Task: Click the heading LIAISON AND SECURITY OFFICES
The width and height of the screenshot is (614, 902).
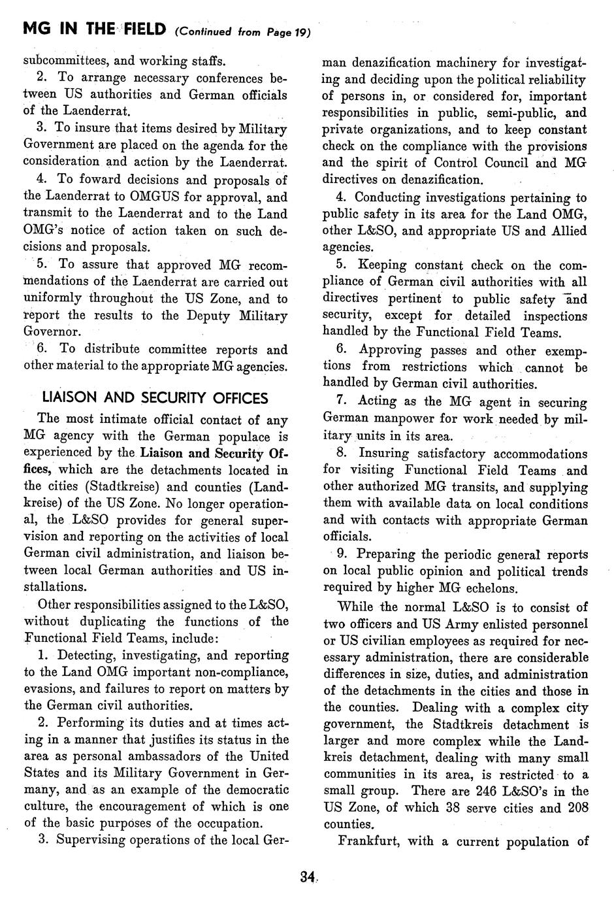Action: click(155, 397)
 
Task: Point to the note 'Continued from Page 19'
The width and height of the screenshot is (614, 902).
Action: click(242, 31)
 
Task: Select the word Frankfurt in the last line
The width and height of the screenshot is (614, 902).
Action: click(369, 841)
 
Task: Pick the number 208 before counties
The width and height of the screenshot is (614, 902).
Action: click(575, 808)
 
